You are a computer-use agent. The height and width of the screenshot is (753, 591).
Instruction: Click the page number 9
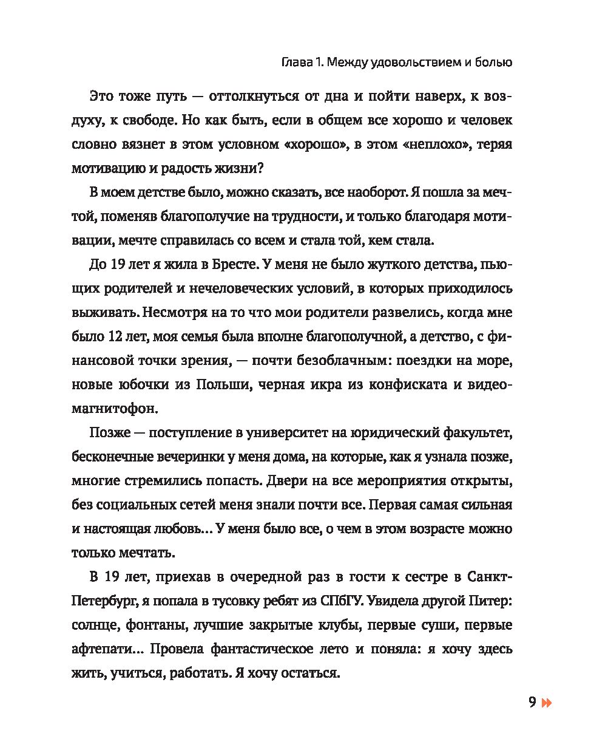tap(532, 703)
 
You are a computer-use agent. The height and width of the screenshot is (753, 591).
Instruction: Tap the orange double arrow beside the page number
tap(547, 703)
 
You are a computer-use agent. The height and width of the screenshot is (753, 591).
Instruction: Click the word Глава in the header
tap(298, 63)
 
